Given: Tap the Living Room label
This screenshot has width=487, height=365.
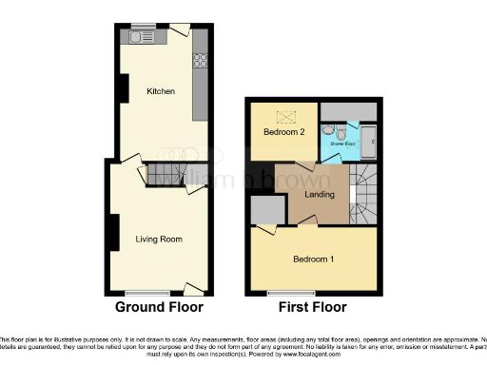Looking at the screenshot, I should click(158, 239).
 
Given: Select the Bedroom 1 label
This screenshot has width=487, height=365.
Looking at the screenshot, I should click(313, 259).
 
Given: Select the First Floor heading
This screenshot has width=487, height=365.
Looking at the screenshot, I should click(312, 307).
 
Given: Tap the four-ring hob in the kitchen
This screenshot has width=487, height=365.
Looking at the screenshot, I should click(201, 60).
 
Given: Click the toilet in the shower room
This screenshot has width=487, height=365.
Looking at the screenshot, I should click(327, 130).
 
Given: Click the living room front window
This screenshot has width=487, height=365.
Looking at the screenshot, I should click(146, 292).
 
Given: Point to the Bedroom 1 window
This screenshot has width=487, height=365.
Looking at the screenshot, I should click(282, 292).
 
